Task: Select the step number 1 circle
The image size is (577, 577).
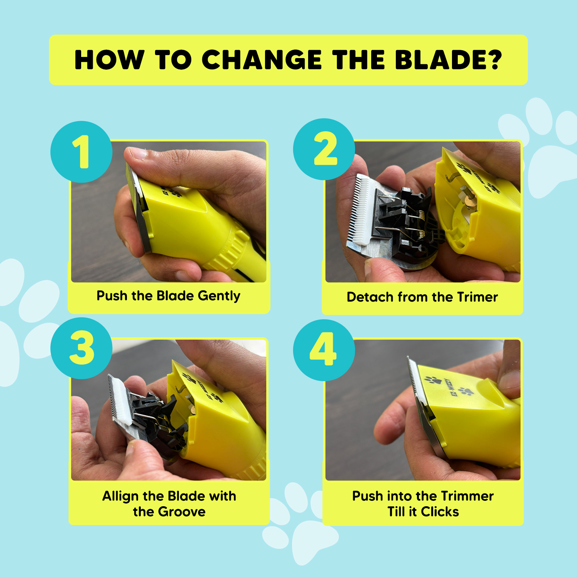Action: point(82,152)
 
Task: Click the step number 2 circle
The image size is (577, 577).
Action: point(324,149)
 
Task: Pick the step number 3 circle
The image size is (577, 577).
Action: point(82,348)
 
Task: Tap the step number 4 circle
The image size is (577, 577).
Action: point(324,350)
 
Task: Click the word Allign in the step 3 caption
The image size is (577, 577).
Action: point(120,497)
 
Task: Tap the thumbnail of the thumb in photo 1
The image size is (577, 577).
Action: point(137,154)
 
